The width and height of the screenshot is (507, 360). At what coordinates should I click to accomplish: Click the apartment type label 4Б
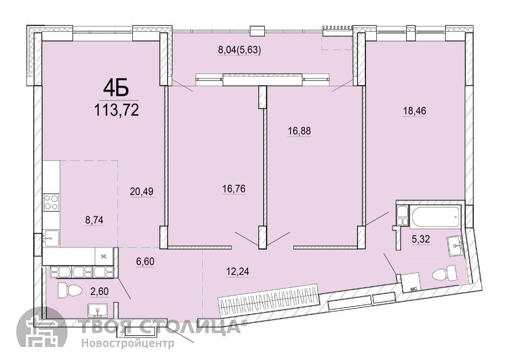pyautogui.click(x=116, y=88)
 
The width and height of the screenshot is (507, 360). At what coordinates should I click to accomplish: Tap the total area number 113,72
pyautogui.click(x=116, y=110)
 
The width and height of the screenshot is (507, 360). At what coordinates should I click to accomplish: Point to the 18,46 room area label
pyautogui.click(x=414, y=111)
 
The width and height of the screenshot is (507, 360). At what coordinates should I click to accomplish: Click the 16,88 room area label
pyautogui.click(x=299, y=131)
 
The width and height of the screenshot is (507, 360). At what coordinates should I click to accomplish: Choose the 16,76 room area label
pyautogui.click(x=234, y=189)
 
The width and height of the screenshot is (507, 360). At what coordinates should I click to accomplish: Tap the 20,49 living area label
pyautogui.click(x=142, y=192)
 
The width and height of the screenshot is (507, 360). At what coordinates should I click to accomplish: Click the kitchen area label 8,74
pyautogui.click(x=94, y=220)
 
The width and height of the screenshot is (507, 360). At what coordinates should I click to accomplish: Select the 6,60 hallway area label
pyautogui.click(x=145, y=261)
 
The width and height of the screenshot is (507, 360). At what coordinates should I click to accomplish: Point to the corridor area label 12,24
pyautogui.click(x=238, y=272)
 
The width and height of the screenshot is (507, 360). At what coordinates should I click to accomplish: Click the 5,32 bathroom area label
pyautogui.click(x=421, y=239)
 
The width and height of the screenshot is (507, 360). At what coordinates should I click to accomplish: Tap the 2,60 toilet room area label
pyautogui.click(x=99, y=292)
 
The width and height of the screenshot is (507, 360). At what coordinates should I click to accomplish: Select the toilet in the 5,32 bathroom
pyautogui.click(x=444, y=273)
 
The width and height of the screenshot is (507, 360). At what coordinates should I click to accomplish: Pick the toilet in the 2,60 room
pyautogui.click(x=69, y=290)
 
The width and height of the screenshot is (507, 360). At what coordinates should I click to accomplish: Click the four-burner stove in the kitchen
pyautogui.click(x=52, y=202)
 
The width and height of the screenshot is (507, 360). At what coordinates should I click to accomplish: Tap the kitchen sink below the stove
pyautogui.click(x=52, y=238)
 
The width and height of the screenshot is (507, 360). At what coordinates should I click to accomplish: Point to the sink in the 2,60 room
pyautogui.click(x=98, y=310)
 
